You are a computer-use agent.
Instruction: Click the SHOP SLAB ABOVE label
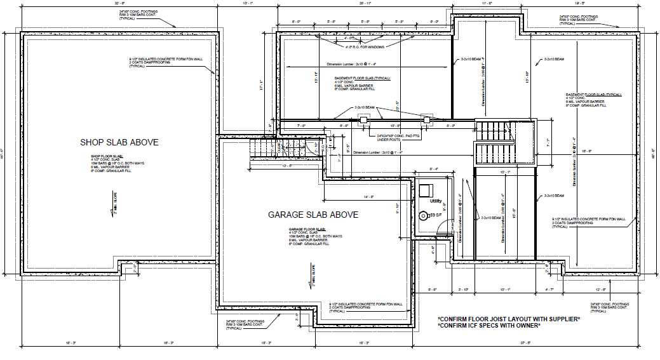[x=119, y=142]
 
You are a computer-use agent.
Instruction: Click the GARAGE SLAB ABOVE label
[x=313, y=215]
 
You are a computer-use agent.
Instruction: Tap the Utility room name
[x=435, y=201]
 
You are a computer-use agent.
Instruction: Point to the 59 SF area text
[x=436, y=216]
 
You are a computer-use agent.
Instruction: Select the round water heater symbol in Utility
[x=424, y=216]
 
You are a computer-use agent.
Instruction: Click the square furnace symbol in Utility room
[x=424, y=191]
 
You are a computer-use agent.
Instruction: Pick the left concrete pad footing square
[x=363, y=119]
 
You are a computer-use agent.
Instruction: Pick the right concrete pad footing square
[x=426, y=119]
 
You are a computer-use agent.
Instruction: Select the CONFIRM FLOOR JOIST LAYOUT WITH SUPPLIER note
[x=509, y=318]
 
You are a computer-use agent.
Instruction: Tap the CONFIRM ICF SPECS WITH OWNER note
[x=489, y=325]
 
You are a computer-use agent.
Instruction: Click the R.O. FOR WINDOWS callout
[x=365, y=46]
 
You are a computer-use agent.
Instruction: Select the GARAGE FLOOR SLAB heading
[x=307, y=228]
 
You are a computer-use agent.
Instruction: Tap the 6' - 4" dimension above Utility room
[x=434, y=168]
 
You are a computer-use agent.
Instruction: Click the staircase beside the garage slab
[x=262, y=150]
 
